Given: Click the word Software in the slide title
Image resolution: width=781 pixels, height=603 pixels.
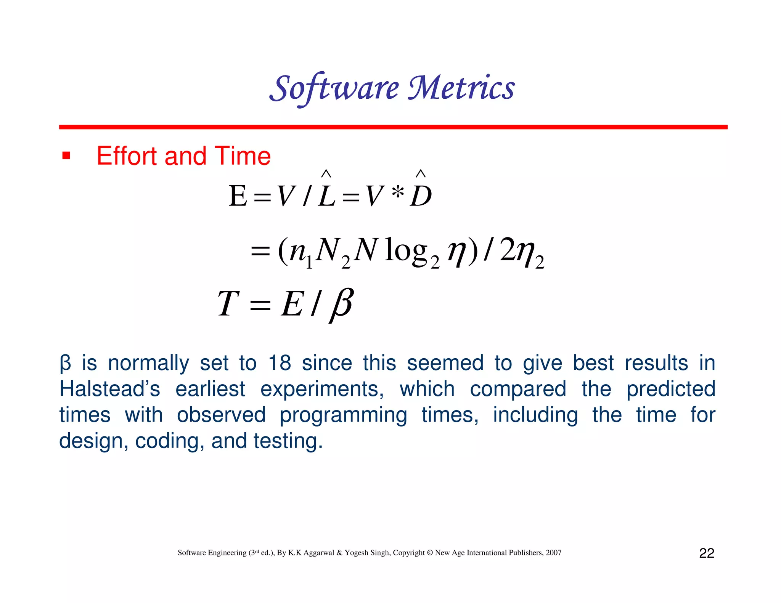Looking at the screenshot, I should tap(334, 88).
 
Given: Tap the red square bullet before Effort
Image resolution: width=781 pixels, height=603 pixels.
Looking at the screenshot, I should tap(66, 156).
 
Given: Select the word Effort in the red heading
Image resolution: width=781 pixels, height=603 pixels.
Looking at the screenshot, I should tap(127, 156).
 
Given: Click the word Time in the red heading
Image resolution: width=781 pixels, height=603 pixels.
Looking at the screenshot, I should tap(243, 156).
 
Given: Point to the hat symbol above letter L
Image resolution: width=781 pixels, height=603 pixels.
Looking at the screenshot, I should tap(326, 174).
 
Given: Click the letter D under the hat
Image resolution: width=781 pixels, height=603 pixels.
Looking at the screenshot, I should tap(421, 197).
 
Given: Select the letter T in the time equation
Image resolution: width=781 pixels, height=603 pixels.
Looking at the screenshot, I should tap(228, 304).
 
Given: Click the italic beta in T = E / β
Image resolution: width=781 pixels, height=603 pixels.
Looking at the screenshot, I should tap(342, 304).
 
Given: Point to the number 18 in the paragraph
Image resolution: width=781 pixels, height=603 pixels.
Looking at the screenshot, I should tap(280, 363).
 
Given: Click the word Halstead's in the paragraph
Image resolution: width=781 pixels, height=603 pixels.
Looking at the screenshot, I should tap(110, 389).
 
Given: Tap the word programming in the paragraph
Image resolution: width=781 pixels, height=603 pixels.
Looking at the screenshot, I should tap(343, 415).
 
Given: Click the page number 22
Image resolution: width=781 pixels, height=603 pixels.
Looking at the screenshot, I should tap(706, 553).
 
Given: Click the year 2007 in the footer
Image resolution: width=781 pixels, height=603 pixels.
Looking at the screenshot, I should tap(553, 553).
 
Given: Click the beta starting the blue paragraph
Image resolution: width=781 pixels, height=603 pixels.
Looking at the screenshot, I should tap(65, 364).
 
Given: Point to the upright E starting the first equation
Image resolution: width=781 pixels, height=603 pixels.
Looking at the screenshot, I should tap(238, 197).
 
